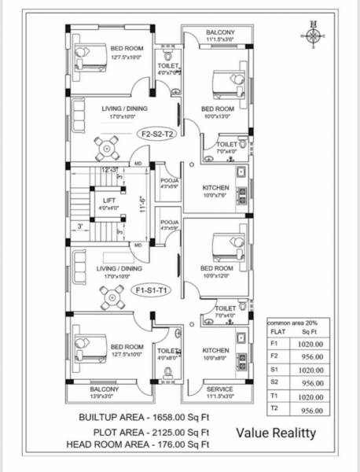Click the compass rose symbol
point(314,36)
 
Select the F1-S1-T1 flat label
point(153,291)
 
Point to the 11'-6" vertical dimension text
point(141,205)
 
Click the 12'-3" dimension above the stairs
point(111,170)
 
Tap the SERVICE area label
point(219,389)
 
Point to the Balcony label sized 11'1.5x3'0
point(220,35)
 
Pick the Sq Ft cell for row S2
point(312,382)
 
